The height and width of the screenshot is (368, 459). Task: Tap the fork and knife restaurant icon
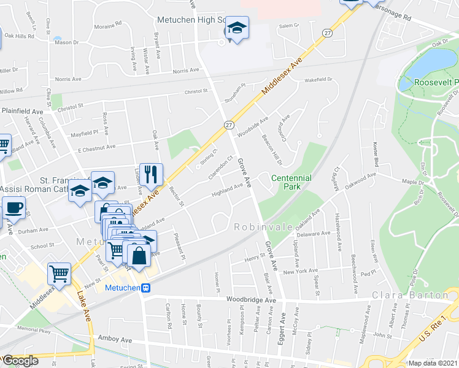pyautogui.click(x=151, y=174)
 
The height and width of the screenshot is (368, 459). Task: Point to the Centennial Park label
pyautogui.click(x=291, y=182)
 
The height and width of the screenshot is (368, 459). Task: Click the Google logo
pyautogui.click(x=20, y=361)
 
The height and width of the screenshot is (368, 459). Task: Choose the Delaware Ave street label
pyautogui.click(x=314, y=234)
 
